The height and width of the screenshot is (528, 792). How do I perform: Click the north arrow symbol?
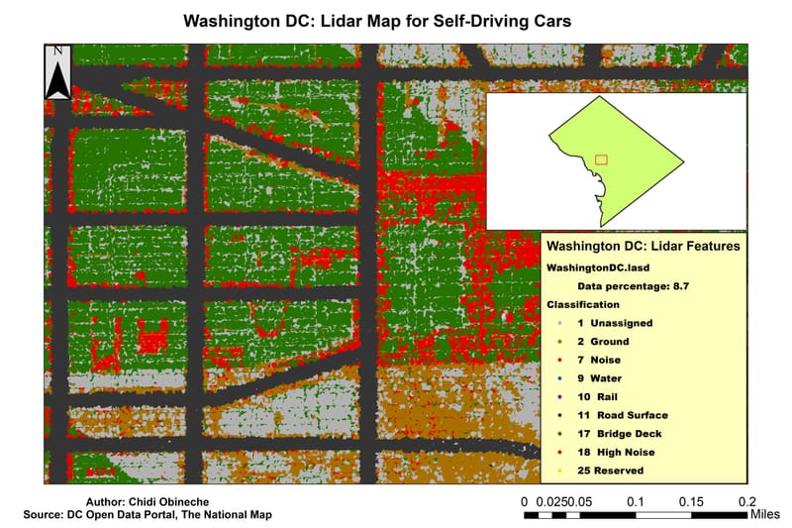tap(58, 72)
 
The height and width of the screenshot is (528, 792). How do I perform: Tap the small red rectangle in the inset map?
tap(601, 158)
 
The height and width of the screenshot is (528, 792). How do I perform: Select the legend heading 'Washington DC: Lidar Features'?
tap(643, 245)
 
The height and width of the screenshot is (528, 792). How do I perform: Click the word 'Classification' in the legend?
tap(583, 304)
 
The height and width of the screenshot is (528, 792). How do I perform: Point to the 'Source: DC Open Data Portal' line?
tap(148, 515)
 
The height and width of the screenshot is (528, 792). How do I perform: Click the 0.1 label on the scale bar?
tap(636, 501)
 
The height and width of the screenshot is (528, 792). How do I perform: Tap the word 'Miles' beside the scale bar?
tap(765, 515)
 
